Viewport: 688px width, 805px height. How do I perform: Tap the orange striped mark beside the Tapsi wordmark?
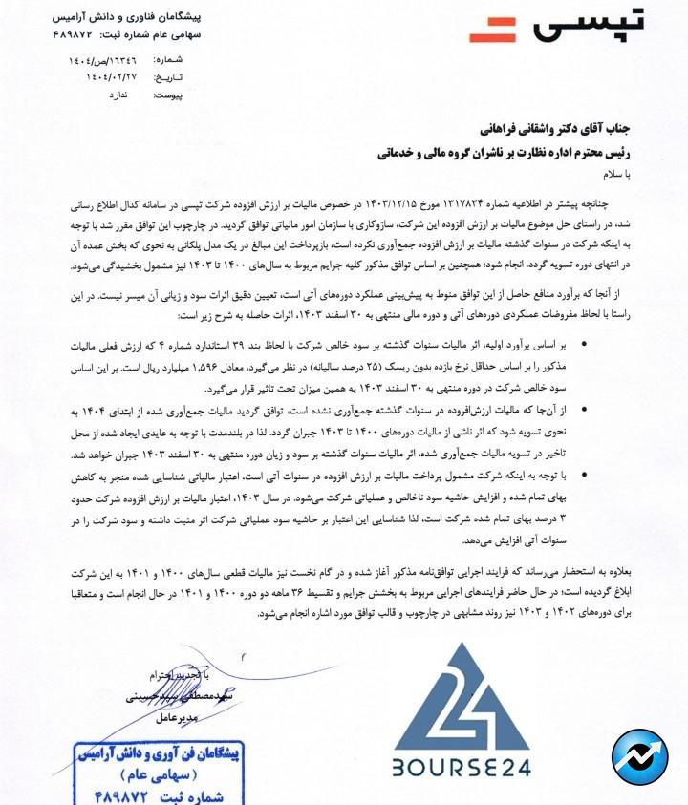click(494, 32)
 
